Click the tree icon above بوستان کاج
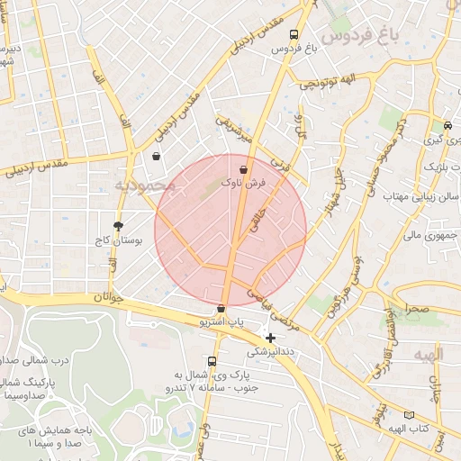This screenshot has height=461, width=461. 118,226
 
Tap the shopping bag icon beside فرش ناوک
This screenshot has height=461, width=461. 244,168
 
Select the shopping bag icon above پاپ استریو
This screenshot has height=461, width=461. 221,309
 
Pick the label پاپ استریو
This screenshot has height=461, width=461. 221,321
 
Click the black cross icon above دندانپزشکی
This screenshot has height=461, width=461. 270,338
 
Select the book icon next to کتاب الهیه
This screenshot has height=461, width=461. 410,415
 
